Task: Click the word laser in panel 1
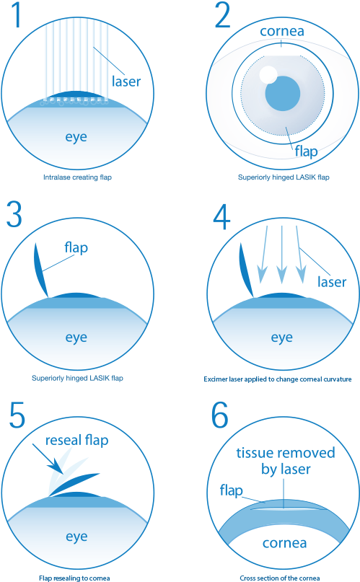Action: tap(126, 81)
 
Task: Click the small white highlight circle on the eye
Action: tap(268, 74)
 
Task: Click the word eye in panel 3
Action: tap(76, 337)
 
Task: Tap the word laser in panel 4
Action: tap(332, 281)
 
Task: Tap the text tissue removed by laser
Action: tap(286, 462)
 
